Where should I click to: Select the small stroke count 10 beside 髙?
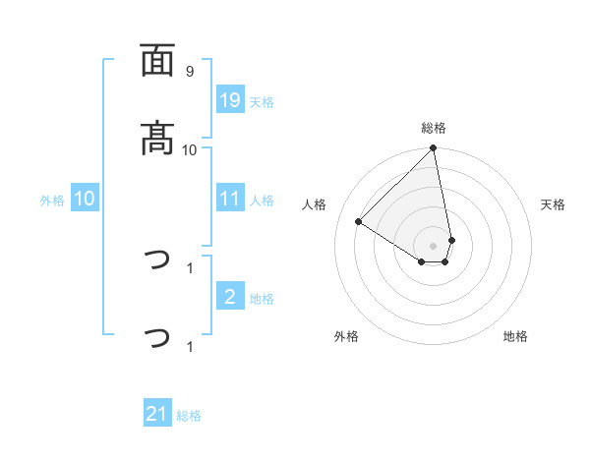(x=190, y=149)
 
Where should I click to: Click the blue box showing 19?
(x=230, y=100)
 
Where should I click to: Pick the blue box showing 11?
(x=230, y=199)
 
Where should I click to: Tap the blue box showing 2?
(x=230, y=297)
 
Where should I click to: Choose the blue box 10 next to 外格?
(x=85, y=199)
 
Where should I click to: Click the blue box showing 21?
(x=157, y=415)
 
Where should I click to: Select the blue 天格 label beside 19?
(x=262, y=102)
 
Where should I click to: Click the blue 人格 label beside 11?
(x=262, y=201)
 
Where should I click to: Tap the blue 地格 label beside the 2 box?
(x=262, y=299)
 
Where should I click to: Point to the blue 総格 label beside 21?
(x=189, y=417)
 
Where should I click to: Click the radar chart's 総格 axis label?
(x=434, y=128)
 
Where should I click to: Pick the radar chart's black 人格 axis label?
(x=315, y=204)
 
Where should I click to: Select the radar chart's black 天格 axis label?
(x=554, y=204)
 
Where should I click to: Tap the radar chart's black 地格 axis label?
(x=515, y=336)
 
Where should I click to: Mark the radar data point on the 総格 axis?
(x=434, y=149)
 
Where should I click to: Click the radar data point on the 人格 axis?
(x=359, y=222)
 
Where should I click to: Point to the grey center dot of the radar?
(x=434, y=245)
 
